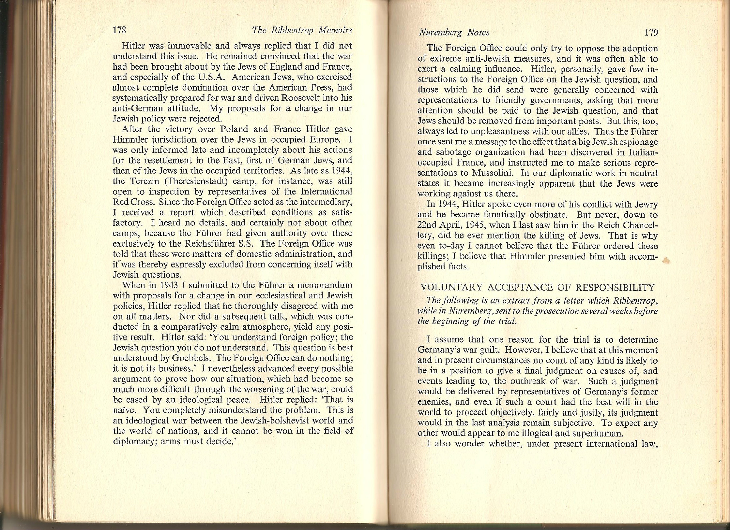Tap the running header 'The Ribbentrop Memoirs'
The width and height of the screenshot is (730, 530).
click(x=302, y=30)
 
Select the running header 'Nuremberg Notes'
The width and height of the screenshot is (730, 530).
click(x=454, y=32)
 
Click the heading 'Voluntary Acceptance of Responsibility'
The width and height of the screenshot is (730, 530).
click(x=538, y=287)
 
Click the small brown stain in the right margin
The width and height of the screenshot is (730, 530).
click(x=666, y=260)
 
